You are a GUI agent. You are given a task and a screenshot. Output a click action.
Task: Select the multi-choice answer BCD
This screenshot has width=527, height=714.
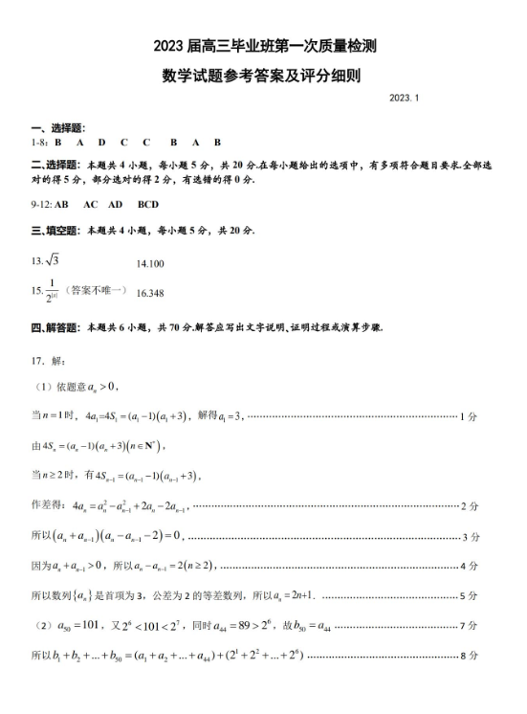coord(148,205)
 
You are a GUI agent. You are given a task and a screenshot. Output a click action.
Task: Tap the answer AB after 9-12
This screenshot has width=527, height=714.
coord(62,205)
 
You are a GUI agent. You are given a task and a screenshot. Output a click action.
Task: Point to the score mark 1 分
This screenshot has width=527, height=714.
coord(469,417)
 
